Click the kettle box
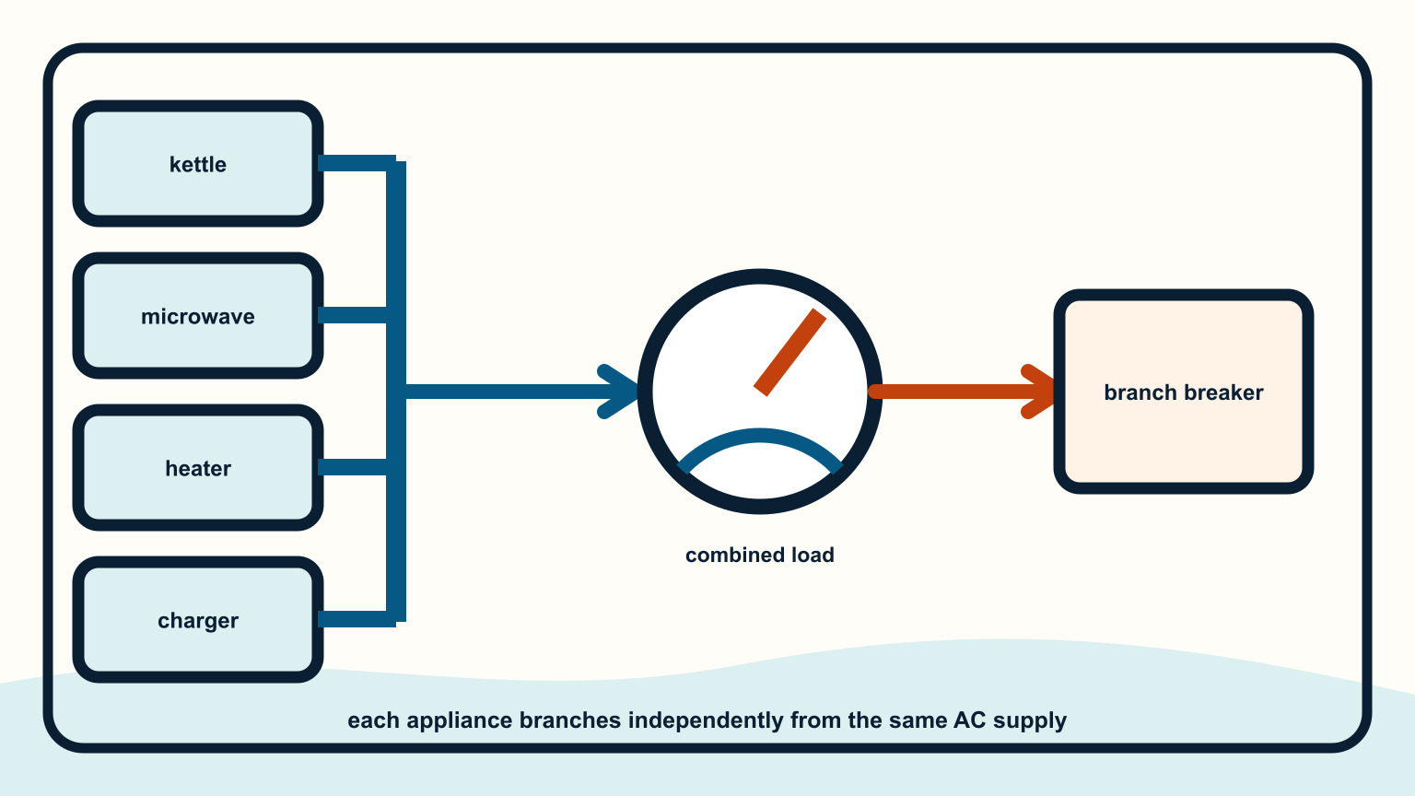tap(198, 164)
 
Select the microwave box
tap(198, 316)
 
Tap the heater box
tap(198, 467)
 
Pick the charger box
tap(198, 620)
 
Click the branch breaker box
tap(1183, 392)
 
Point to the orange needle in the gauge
tap(789, 353)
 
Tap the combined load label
tap(760, 555)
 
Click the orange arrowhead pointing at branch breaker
tap(1037, 392)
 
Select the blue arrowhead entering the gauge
tap(619, 392)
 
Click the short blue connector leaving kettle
tap(357, 163)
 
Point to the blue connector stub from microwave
tap(353, 315)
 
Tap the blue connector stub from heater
tap(353, 467)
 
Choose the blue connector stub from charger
tap(357, 619)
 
